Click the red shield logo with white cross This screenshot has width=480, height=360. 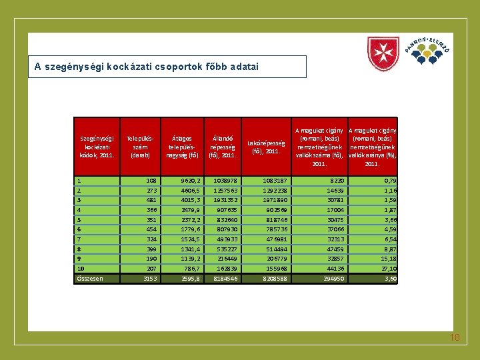pyautogui.click(x=383, y=54)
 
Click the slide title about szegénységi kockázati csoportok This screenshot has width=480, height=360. pyautogui.click(x=147, y=67)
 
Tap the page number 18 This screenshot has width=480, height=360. pyautogui.click(x=455, y=338)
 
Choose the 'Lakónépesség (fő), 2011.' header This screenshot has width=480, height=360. pyautogui.click(x=266, y=147)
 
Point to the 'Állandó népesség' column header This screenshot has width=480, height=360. pyautogui.click(x=223, y=147)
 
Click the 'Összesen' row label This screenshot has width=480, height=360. pyautogui.click(x=89, y=278)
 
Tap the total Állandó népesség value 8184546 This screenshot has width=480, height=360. pyautogui.click(x=223, y=278)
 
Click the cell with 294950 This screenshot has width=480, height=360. pyautogui.click(x=331, y=278)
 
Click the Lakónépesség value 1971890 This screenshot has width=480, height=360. pyautogui.click(x=274, y=199)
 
